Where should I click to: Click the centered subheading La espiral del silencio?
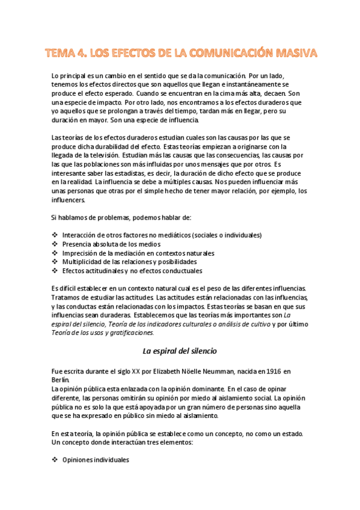pyautogui.click(x=179, y=351)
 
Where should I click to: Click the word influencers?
pyautogui.click(x=69, y=200)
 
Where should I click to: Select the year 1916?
pyautogui.click(x=272, y=372)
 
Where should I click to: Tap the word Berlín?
pyautogui.click(x=61, y=380)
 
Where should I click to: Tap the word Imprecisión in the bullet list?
pyautogui.click(x=80, y=253)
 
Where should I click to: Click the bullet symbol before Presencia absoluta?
pyautogui.click(x=55, y=244)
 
